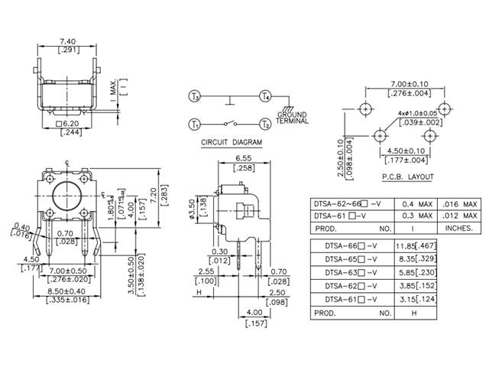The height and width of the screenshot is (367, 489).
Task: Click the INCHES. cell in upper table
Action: tap(460, 229)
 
